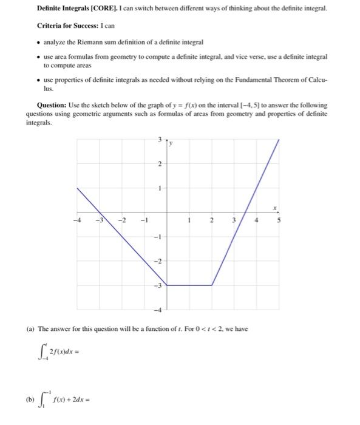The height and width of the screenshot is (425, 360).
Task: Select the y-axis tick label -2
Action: pos(158,262)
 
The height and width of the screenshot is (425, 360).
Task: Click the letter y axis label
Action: pos(171,143)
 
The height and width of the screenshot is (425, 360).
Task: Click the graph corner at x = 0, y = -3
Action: pos(167,285)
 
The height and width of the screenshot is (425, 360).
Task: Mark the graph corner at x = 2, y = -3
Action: pos(212,285)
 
